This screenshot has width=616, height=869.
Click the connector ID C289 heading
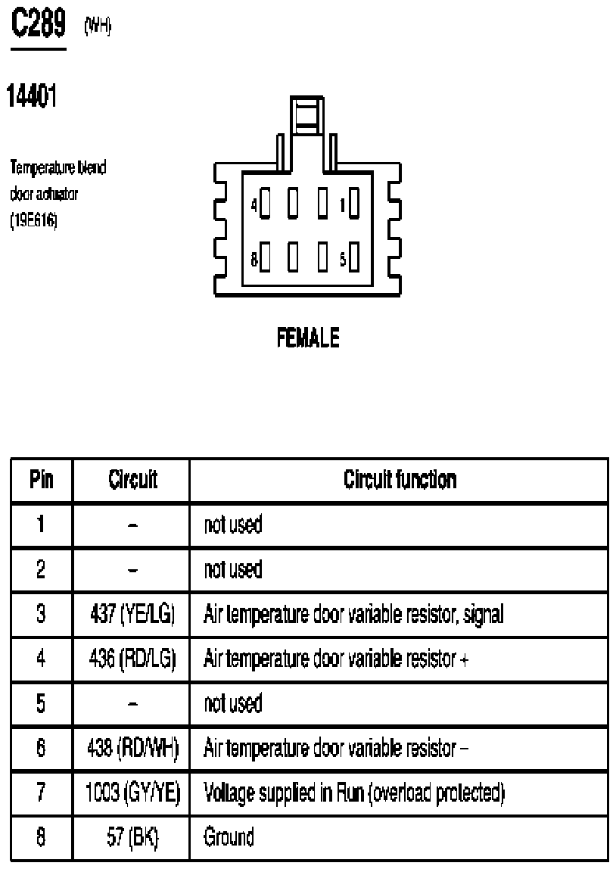[x=39, y=23]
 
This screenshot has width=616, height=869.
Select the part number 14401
[x=32, y=96]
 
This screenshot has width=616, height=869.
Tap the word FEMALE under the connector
[x=308, y=338]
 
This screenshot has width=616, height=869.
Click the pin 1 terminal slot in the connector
[x=353, y=204]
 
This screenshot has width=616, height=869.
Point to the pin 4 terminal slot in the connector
[x=265, y=204]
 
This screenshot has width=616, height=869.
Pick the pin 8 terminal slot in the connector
[x=265, y=257]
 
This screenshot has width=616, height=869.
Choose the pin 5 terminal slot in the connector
[x=353, y=257]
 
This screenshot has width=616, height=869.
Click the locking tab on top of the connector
[x=307, y=115]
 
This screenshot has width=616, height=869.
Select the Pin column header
[x=42, y=479]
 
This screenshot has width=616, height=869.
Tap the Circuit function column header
[x=400, y=479]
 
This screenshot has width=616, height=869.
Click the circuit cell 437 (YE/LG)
[x=132, y=614]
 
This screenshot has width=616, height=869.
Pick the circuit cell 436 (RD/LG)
[x=132, y=659]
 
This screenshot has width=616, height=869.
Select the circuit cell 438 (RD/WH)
[x=133, y=748]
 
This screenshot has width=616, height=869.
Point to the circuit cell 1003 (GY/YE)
[x=133, y=793]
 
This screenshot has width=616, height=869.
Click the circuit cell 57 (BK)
[x=132, y=837]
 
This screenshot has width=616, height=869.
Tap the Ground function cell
[x=229, y=837]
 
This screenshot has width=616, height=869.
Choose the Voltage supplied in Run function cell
[x=354, y=793]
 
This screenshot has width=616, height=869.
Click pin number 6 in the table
[x=41, y=748]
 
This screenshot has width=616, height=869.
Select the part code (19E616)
[x=33, y=220]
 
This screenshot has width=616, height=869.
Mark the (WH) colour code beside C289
[x=98, y=26]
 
